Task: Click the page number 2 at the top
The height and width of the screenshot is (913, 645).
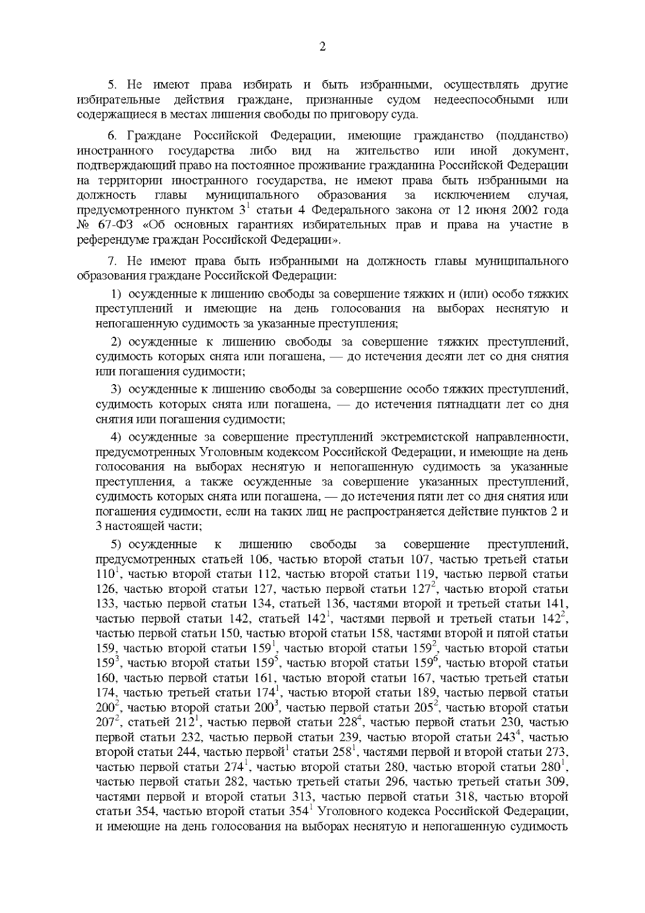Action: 322,47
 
